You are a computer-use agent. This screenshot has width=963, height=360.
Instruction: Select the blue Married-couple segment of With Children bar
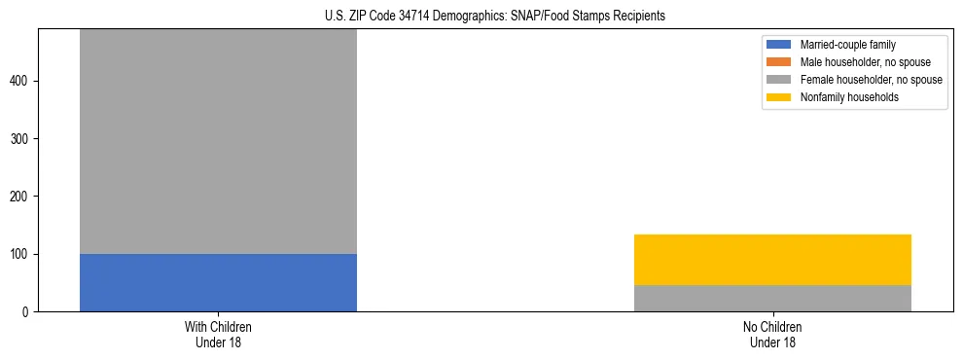point(218,282)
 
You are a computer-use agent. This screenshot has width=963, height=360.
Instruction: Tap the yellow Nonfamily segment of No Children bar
point(772,260)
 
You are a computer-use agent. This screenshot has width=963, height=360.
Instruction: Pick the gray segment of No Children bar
point(772,299)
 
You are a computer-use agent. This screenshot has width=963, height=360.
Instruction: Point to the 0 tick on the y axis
point(27,312)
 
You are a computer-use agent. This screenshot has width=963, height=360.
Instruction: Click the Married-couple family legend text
point(847,45)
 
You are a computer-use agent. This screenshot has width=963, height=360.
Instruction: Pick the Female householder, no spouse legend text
point(871,80)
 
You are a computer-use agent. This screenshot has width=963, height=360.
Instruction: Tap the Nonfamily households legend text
point(849,97)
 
